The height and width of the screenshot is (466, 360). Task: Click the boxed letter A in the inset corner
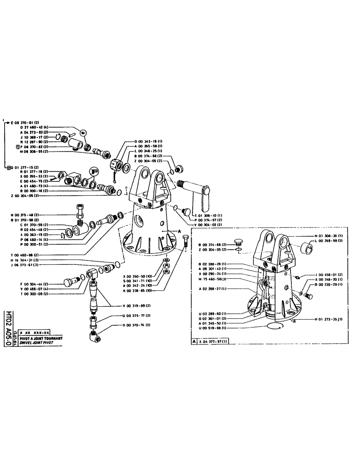[193, 341]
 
